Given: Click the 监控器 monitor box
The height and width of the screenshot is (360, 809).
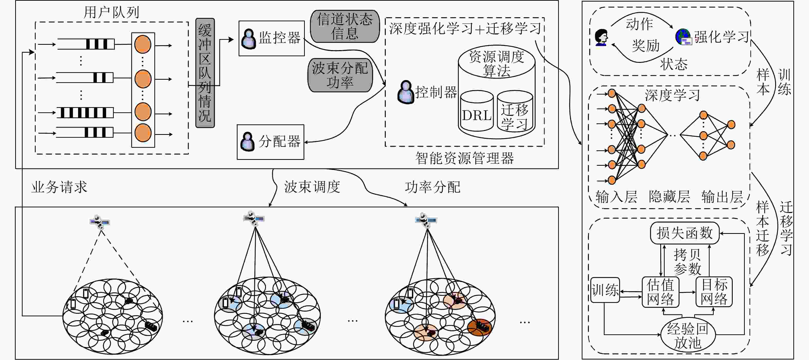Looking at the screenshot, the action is tap(272, 38).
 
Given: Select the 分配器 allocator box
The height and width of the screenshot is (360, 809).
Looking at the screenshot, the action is tap(270, 142).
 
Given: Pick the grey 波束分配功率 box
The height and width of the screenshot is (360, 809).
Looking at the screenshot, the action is tap(340, 75).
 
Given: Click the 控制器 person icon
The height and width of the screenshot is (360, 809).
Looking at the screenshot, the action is tap(406, 92).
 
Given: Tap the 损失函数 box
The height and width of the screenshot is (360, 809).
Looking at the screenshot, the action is tap(685, 233).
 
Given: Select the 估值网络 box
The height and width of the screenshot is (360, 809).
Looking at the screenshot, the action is tap(660, 292).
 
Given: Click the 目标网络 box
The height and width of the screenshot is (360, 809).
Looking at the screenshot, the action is tap(714, 292).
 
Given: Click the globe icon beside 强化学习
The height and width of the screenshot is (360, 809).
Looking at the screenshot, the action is tap(683, 37).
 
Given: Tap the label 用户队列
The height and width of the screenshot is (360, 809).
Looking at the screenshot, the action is tap(111, 12).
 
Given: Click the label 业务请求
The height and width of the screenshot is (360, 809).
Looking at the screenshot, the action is tap(59, 187).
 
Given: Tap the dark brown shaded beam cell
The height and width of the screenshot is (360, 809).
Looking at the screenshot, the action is tap(479, 327).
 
